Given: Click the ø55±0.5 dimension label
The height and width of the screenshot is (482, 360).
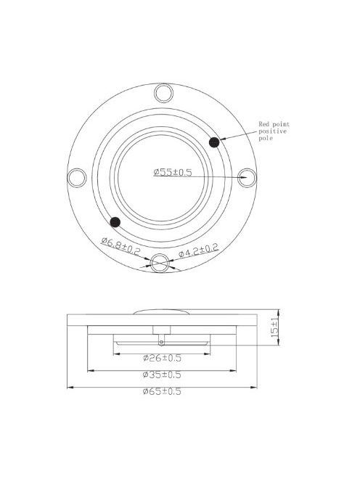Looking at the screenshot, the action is click(x=173, y=172).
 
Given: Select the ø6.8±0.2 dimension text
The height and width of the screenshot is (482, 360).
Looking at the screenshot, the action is click(x=120, y=246).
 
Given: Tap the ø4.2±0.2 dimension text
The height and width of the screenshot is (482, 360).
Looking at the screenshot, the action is click(x=199, y=250).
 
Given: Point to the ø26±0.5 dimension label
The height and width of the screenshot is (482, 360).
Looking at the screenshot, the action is click(x=162, y=358).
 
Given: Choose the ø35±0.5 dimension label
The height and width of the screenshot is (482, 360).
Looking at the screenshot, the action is click(x=162, y=375).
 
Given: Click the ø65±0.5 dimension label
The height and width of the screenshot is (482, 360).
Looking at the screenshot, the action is click(x=162, y=392).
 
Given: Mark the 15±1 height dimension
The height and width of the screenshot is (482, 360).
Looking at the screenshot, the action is click(x=274, y=327).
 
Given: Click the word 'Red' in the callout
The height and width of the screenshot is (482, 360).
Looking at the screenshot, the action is click(x=263, y=124).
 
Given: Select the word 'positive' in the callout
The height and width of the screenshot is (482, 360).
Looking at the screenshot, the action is click(x=272, y=131).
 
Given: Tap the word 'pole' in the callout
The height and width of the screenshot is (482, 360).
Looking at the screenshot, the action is click(x=266, y=139).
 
